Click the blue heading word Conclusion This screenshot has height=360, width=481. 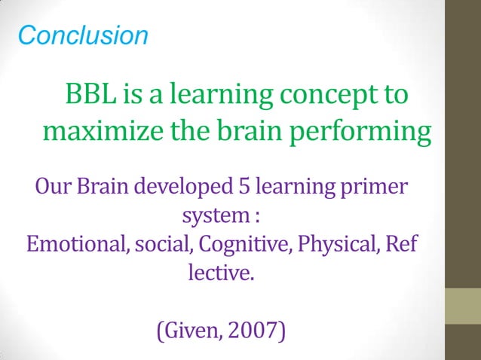pos(82,35)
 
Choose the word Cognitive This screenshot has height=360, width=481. pos(233,246)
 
